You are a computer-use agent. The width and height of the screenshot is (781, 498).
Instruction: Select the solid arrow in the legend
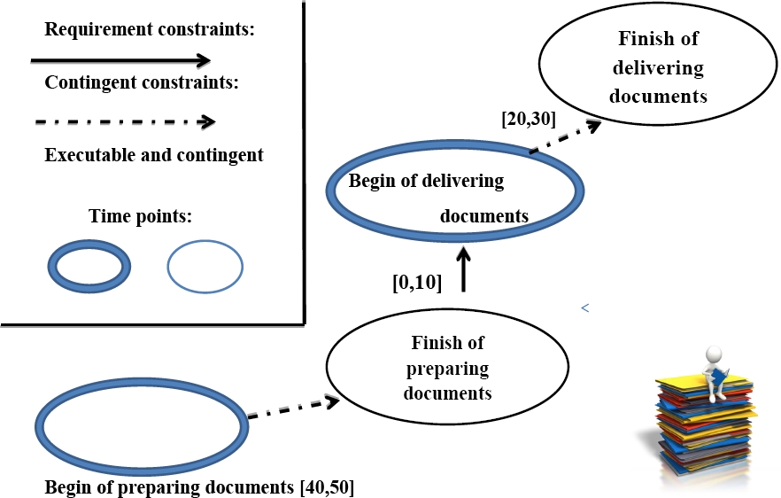(120, 61)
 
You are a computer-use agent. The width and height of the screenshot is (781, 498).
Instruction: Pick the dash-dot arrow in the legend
(125, 121)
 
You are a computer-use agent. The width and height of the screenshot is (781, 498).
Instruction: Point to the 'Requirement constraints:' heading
(150, 29)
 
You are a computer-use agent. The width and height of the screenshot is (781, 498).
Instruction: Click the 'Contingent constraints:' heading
(142, 82)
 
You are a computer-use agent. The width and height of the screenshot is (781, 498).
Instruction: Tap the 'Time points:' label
(140, 216)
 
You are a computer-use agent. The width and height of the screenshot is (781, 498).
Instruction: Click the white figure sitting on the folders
(715, 373)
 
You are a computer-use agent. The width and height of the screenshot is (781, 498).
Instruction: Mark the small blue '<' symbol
(585, 308)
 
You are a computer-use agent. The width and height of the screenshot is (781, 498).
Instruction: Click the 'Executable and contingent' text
(154, 155)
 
